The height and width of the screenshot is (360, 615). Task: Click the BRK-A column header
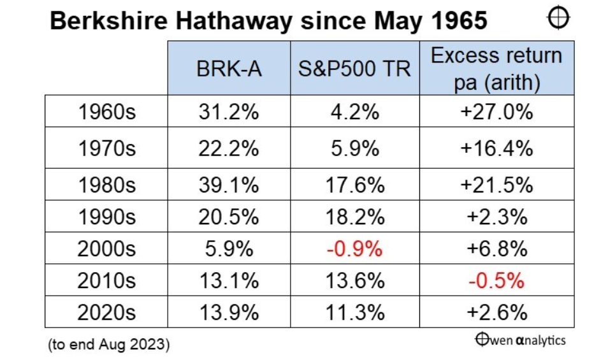[x=229, y=69]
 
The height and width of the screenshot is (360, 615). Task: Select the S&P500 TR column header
[x=354, y=69]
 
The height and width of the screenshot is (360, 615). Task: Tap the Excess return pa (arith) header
[x=496, y=69]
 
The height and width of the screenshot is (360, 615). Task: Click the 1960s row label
[x=106, y=112]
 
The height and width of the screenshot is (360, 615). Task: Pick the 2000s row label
[x=106, y=248]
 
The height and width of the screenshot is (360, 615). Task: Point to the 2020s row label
[x=106, y=312]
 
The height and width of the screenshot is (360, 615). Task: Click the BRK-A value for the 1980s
[x=229, y=185]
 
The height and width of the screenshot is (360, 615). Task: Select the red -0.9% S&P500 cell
[x=354, y=248]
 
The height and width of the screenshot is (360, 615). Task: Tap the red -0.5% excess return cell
[x=496, y=280]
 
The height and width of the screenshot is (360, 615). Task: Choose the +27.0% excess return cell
[x=496, y=112]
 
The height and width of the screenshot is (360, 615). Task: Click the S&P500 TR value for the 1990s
[x=354, y=217]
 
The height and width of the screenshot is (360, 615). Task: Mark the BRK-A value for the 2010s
[x=229, y=280]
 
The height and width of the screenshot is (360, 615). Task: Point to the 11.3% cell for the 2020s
[x=354, y=312]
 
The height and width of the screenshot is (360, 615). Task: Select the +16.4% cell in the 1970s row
[x=496, y=148]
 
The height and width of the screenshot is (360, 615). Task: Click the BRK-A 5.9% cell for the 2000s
[x=229, y=248]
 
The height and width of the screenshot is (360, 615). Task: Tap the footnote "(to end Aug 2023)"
[x=108, y=345]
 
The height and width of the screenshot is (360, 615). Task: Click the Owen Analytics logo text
[x=521, y=340]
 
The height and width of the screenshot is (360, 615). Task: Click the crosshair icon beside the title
[x=558, y=18]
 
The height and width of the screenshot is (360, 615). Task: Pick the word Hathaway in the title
[x=234, y=21]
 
